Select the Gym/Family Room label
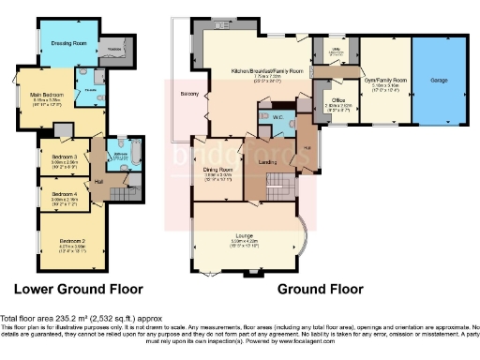pos(385,81)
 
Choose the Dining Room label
pos(217,169)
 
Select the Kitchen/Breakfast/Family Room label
pos(269,70)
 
